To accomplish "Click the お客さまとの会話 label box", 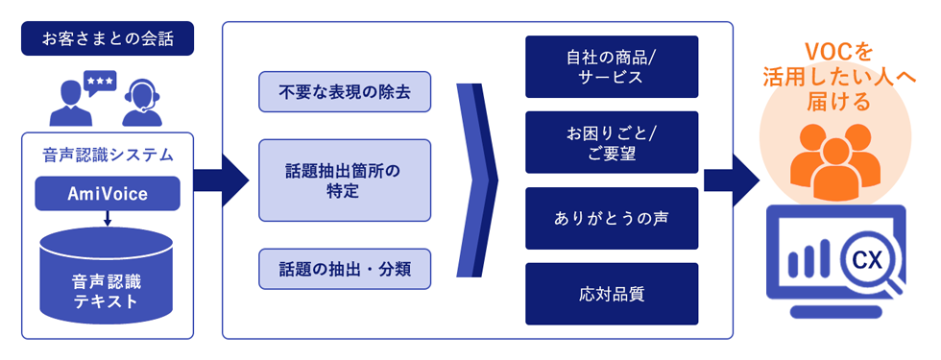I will [107, 38].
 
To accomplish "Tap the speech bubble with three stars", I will [100, 84].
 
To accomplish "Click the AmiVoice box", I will [108, 194].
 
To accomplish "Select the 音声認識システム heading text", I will [107, 156].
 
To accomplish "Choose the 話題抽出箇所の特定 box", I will [345, 180].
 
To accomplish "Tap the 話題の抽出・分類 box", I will [345, 269].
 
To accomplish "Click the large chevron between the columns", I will [477, 180].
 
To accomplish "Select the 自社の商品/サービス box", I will [612, 66].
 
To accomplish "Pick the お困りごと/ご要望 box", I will [612, 142].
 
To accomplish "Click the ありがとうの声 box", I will [612, 218].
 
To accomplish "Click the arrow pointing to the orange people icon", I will [733, 180].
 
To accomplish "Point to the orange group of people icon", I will [833, 163].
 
